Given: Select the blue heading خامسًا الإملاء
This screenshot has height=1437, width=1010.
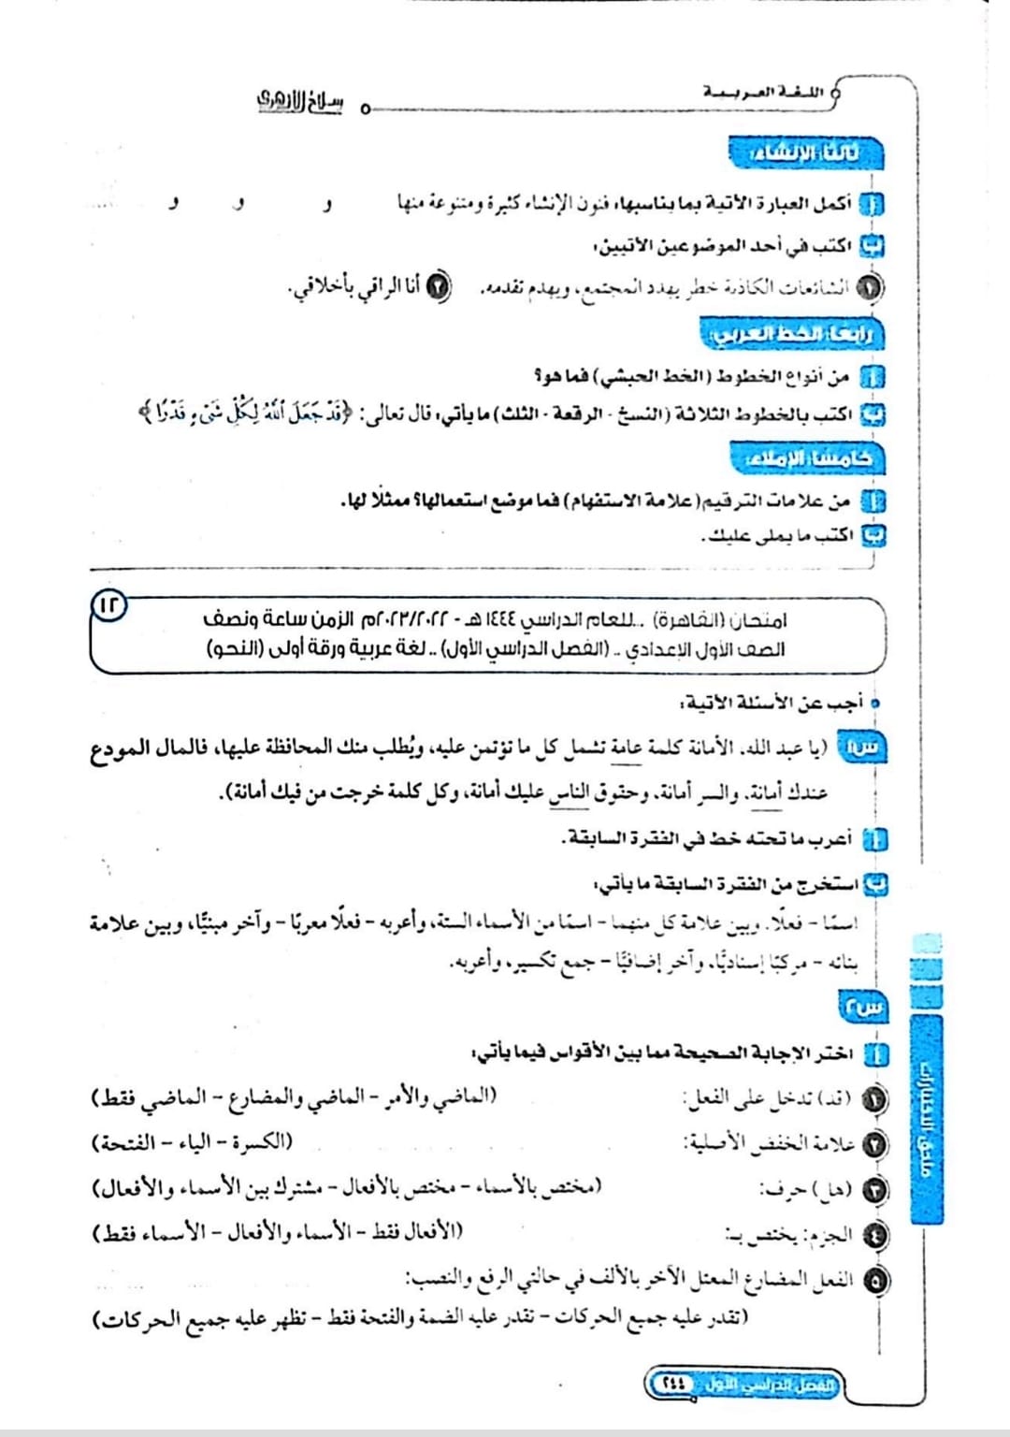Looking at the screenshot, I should pos(806,458).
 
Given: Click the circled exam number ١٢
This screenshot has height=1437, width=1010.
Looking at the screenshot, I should pos(109,604).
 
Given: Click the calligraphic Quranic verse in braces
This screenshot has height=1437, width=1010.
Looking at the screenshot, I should pos(245,411).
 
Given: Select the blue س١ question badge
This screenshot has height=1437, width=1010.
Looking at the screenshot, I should pos(862,747).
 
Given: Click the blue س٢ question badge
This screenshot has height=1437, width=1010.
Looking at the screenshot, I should pos(862,1007).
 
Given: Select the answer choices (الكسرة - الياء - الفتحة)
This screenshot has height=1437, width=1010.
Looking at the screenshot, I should pos(192,1142).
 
